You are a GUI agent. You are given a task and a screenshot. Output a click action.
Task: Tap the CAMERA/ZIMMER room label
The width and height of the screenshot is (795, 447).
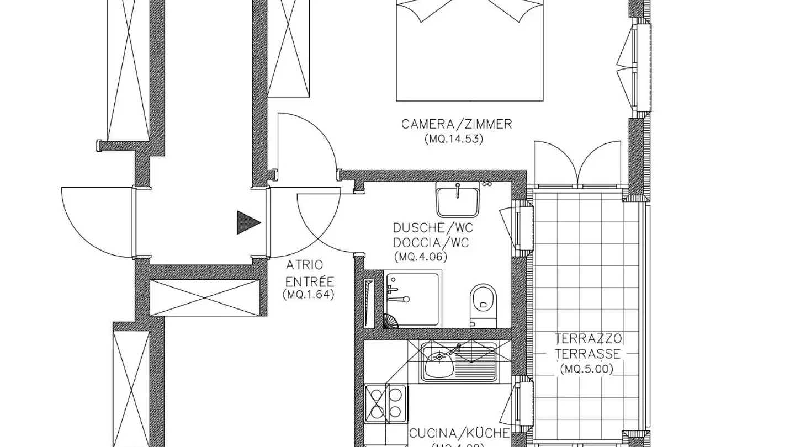[457, 124]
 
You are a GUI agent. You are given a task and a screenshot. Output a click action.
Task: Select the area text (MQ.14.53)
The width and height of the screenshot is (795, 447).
[454, 139]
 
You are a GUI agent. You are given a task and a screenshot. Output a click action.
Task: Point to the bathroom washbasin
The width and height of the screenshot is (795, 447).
[457, 200]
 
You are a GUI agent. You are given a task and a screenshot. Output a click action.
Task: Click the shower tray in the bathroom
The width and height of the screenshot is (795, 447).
[412, 299]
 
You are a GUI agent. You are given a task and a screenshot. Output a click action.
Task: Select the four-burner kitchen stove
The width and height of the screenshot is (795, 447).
[386, 403]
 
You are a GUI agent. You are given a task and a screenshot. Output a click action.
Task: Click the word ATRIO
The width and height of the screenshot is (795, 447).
[305, 265]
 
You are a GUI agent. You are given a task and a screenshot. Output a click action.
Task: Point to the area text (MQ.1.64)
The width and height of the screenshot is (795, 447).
[309, 295]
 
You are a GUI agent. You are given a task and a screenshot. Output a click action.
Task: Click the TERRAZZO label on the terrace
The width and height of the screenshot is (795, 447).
[589, 339]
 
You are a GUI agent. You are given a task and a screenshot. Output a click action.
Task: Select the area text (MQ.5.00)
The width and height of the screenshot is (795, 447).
[586, 369]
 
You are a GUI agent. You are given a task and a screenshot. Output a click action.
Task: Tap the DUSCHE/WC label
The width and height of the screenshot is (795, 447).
[433, 228]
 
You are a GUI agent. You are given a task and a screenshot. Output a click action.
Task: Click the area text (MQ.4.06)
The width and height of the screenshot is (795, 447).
[421, 257]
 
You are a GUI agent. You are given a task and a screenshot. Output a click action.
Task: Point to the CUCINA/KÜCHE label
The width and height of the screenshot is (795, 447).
[459, 433]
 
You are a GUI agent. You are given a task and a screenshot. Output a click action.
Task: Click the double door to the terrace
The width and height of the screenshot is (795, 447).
[577, 162]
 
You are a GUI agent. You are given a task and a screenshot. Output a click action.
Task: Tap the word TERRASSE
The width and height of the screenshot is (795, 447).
[588, 354]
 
